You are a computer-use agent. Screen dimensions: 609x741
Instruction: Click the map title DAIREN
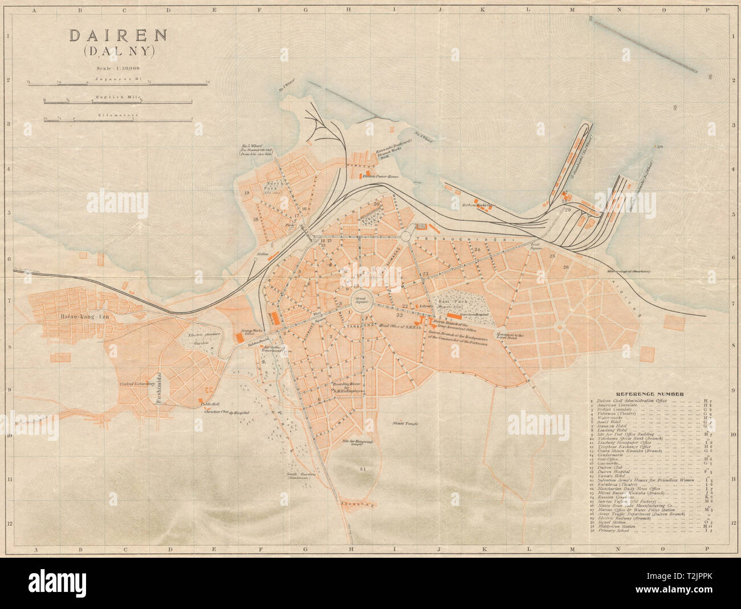point(118,35)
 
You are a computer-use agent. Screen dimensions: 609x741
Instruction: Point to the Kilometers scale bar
point(119,119)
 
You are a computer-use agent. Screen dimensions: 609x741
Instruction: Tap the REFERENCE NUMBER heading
point(651,394)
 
